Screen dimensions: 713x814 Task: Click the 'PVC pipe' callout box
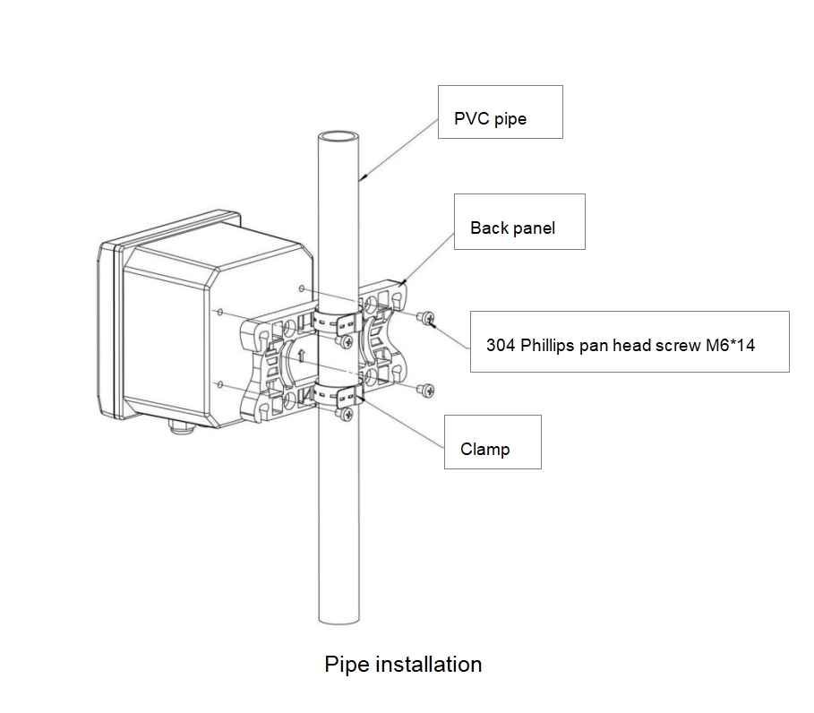click(x=500, y=112)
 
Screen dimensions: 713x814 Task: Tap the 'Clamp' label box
click(x=493, y=442)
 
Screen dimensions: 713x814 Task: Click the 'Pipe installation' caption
click(x=403, y=664)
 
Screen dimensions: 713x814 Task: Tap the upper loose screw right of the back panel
click(x=426, y=316)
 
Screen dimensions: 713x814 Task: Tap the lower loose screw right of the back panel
click(x=427, y=389)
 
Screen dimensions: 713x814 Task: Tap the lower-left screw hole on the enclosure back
click(x=219, y=383)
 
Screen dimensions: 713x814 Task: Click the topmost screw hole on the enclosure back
click(x=302, y=289)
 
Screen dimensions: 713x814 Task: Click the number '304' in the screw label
click(x=500, y=343)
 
